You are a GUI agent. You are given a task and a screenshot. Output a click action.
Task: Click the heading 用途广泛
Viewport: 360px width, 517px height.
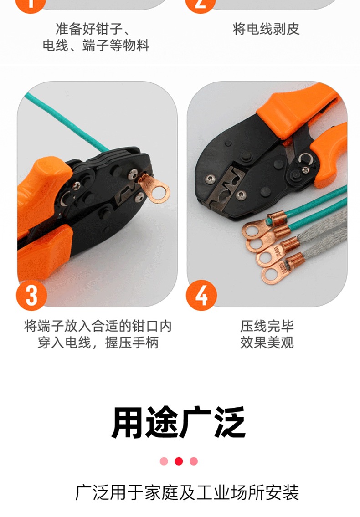(179, 423)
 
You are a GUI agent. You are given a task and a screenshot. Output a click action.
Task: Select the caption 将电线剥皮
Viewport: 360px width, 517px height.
(266, 29)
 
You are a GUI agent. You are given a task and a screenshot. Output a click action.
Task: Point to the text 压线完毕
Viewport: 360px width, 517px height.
(267, 326)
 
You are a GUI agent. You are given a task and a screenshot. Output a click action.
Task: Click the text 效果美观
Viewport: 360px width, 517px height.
(267, 343)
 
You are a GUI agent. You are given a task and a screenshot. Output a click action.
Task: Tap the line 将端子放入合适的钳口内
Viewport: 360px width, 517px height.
(98, 326)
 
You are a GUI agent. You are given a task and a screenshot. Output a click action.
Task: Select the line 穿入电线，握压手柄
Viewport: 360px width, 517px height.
(98, 343)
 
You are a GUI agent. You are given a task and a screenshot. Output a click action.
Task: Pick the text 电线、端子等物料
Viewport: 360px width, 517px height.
(96, 46)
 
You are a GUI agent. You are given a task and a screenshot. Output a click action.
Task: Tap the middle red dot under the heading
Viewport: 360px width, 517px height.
(179, 461)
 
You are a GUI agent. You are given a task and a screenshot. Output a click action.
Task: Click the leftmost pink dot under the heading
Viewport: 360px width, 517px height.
(164, 461)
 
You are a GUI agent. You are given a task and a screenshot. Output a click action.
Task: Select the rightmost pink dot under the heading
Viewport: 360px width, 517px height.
(194, 461)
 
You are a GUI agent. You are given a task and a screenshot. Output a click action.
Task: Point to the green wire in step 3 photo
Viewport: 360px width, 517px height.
(68, 119)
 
